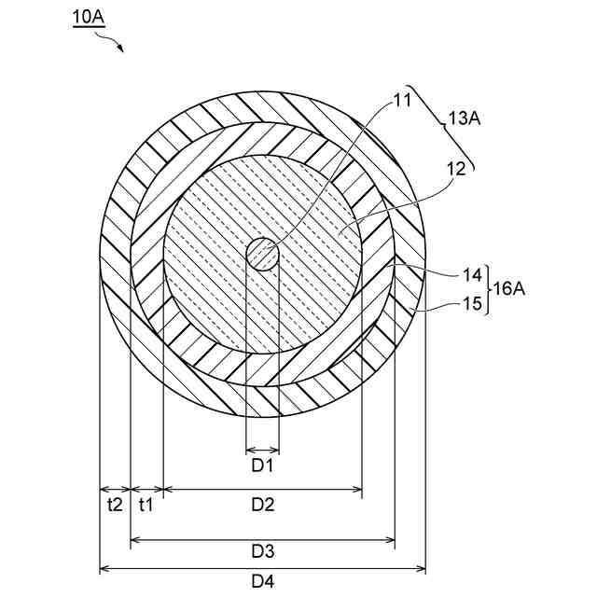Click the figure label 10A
[90, 18]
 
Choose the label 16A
[509, 289]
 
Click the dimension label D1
[262, 464]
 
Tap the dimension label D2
[262, 505]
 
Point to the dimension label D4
[262, 580]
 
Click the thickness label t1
[146, 505]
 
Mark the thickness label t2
[114, 505]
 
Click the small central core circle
[262, 254]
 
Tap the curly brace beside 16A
[488, 289]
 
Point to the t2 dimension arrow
[114, 488]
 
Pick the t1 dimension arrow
[146, 488]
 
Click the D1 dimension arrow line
[262, 446]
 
